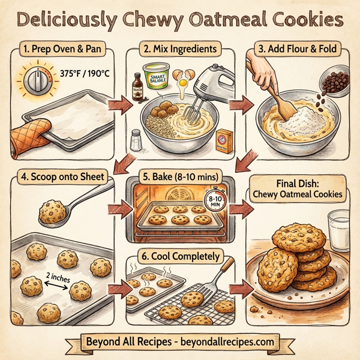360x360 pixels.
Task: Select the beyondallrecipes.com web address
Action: (224, 342)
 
